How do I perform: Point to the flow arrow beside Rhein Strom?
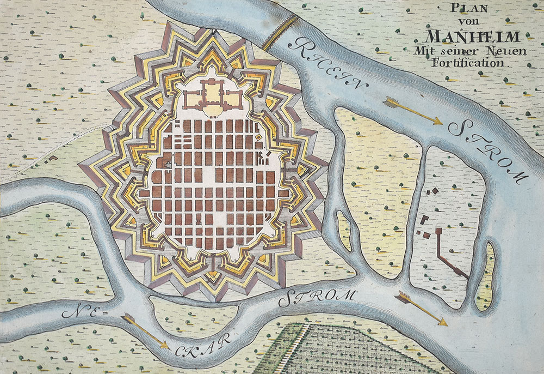pyautogui.click(x=412, y=110)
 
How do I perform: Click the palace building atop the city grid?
pyautogui.click(x=212, y=95)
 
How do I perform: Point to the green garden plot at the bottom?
pyautogui.click(x=348, y=349)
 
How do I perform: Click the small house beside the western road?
pyautogui.click(x=53, y=158)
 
